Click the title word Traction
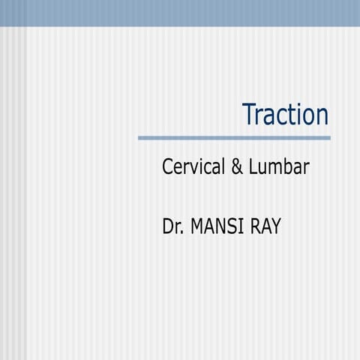pos(286,115)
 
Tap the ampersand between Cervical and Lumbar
pos(236,167)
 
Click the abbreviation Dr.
pos(173,226)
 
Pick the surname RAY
pos(266,226)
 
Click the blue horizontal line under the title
pos(234,138)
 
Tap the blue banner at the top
pos(180,13)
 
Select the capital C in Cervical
pos(168,167)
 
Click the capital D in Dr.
pos(169,226)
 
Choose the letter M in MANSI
pos(198,226)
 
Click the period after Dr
pos(183,232)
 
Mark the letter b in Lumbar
pos(288,167)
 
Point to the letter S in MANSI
pos(234,226)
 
